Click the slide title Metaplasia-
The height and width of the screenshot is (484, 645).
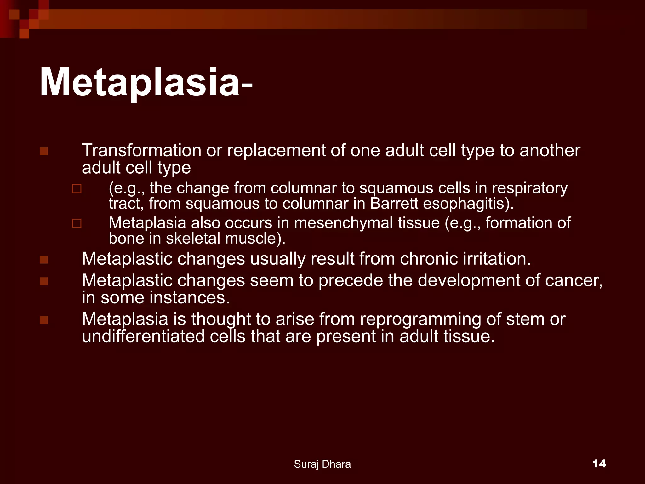(x=146, y=83)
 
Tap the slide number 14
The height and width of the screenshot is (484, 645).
(x=599, y=464)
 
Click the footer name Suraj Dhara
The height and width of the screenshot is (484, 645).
(x=322, y=464)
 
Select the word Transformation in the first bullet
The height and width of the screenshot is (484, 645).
(x=141, y=150)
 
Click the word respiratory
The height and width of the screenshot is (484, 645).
(x=530, y=188)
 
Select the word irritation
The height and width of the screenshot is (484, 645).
(x=497, y=259)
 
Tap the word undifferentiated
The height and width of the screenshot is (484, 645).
(x=143, y=336)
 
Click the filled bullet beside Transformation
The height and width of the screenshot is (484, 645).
(x=44, y=152)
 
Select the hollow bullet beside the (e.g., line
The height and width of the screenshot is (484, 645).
(x=77, y=189)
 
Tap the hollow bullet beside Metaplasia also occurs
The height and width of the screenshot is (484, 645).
(x=77, y=223)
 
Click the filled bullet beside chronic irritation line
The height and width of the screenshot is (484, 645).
(x=44, y=260)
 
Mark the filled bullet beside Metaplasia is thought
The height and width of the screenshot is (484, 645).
(x=44, y=320)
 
